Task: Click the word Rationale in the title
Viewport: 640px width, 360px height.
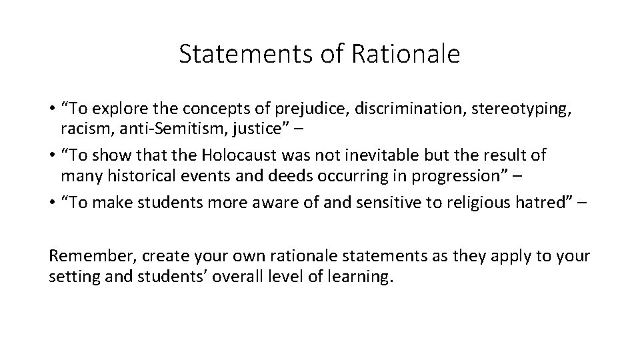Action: pyautogui.click(x=416, y=55)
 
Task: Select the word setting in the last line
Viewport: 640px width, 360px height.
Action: pyautogui.click(x=70, y=277)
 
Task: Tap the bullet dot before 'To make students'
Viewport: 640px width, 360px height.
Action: pyautogui.click(x=52, y=203)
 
